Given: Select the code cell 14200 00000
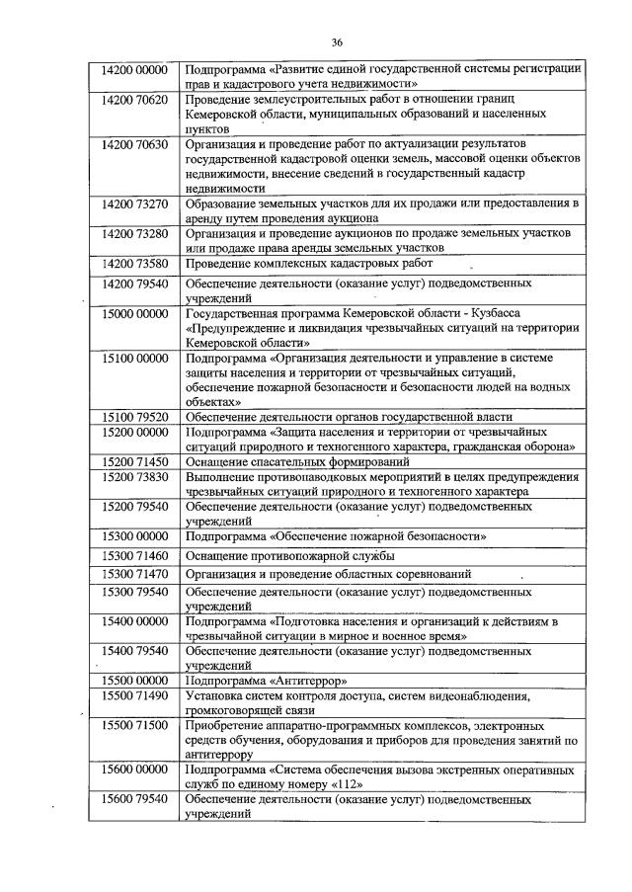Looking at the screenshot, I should [135, 69].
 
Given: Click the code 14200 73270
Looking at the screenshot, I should [135, 203].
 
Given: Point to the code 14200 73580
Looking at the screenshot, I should [135, 264].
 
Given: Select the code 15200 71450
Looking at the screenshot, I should [135, 461].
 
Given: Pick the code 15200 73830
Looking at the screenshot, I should [135, 476].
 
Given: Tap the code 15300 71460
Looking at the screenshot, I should [135, 556].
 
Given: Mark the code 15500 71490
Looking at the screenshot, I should [135, 696].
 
